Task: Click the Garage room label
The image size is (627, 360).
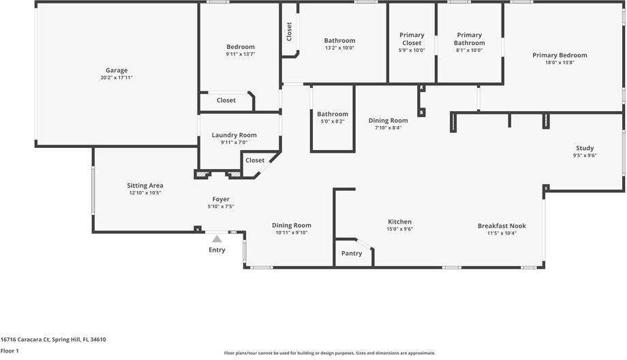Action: point(116,70)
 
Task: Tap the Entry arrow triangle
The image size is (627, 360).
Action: point(217,239)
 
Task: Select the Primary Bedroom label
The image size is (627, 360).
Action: point(560,55)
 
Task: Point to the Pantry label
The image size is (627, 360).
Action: point(352,254)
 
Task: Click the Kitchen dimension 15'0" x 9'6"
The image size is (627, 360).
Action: point(399,229)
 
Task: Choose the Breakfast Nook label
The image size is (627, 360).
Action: point(502,226)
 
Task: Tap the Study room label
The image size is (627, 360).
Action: point(585,148)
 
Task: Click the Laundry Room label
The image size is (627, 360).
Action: point(234,135)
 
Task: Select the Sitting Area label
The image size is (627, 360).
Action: point(145,185)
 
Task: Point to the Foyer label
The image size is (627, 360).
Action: point(221,199)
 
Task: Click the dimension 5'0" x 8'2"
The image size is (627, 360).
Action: point(333,121)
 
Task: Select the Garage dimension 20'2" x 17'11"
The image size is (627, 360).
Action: point(116,78)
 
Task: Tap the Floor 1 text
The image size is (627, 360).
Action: point(10,350)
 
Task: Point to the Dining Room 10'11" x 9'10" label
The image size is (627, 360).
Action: point(292,225)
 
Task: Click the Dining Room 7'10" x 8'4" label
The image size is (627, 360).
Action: point(388,120)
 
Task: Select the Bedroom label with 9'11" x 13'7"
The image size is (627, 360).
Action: point(241,46)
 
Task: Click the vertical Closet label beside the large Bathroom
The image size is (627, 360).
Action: point(290,31)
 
